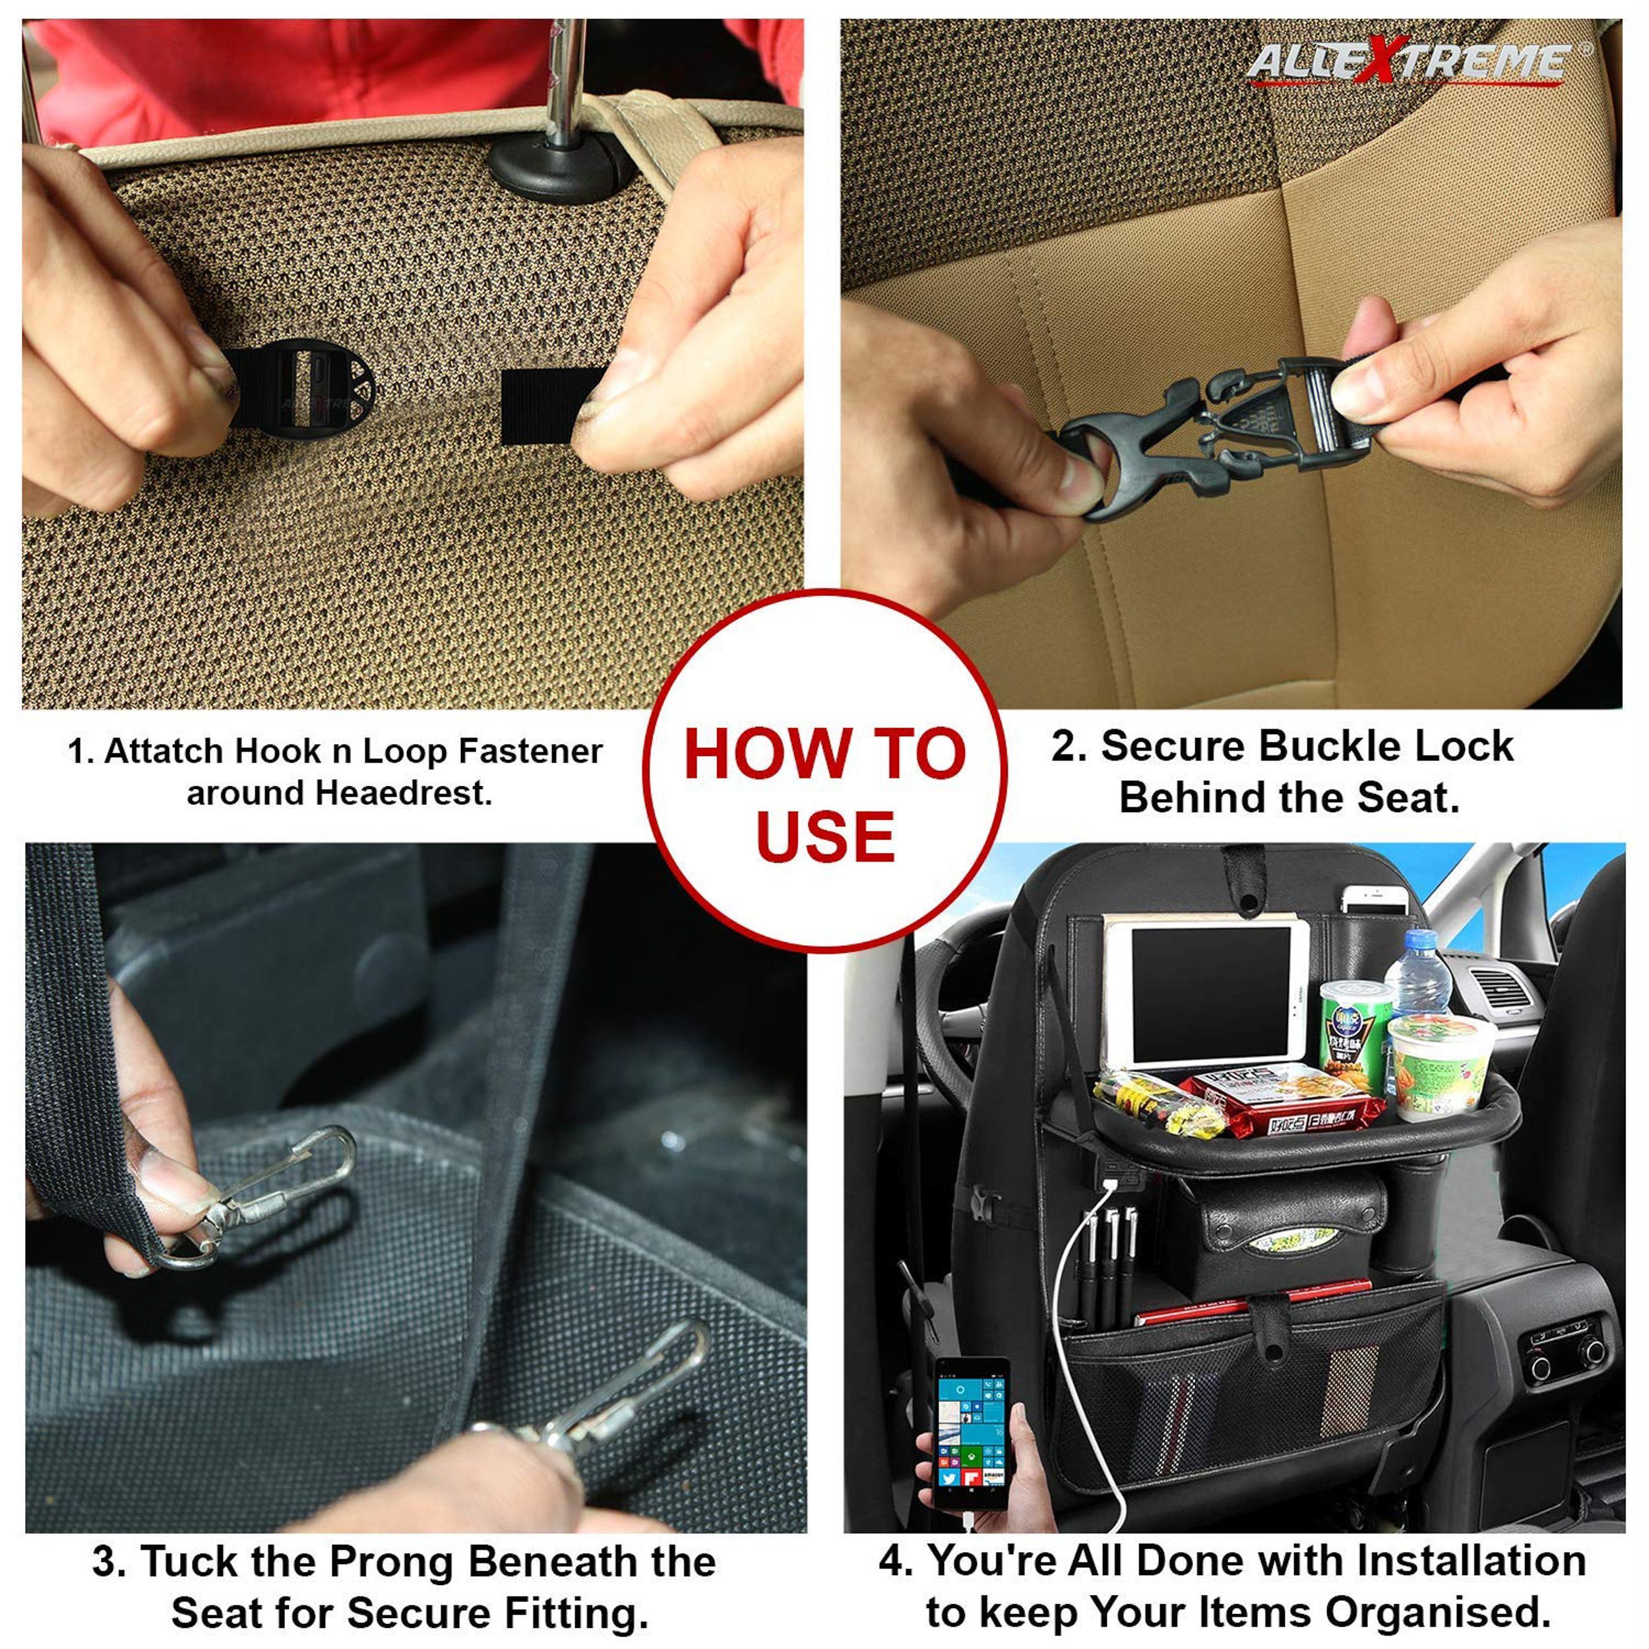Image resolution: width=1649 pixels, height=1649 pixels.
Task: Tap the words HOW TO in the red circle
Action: [x=824, y=754]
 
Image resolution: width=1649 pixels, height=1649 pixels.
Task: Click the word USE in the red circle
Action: [x=825, y=836]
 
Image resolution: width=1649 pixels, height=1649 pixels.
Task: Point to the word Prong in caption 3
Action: [x=392, y=1562]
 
